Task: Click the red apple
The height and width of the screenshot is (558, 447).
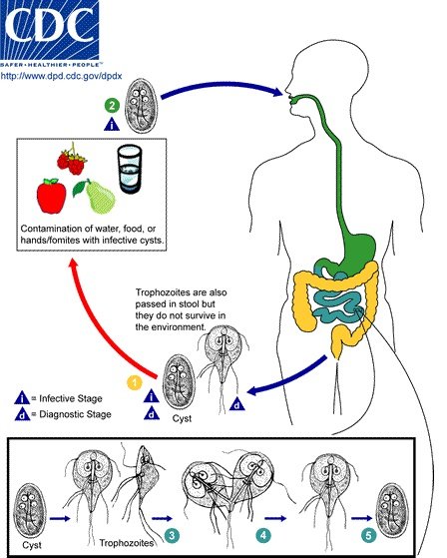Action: (52, 196)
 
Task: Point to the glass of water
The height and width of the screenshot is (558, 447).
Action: (130, 166)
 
